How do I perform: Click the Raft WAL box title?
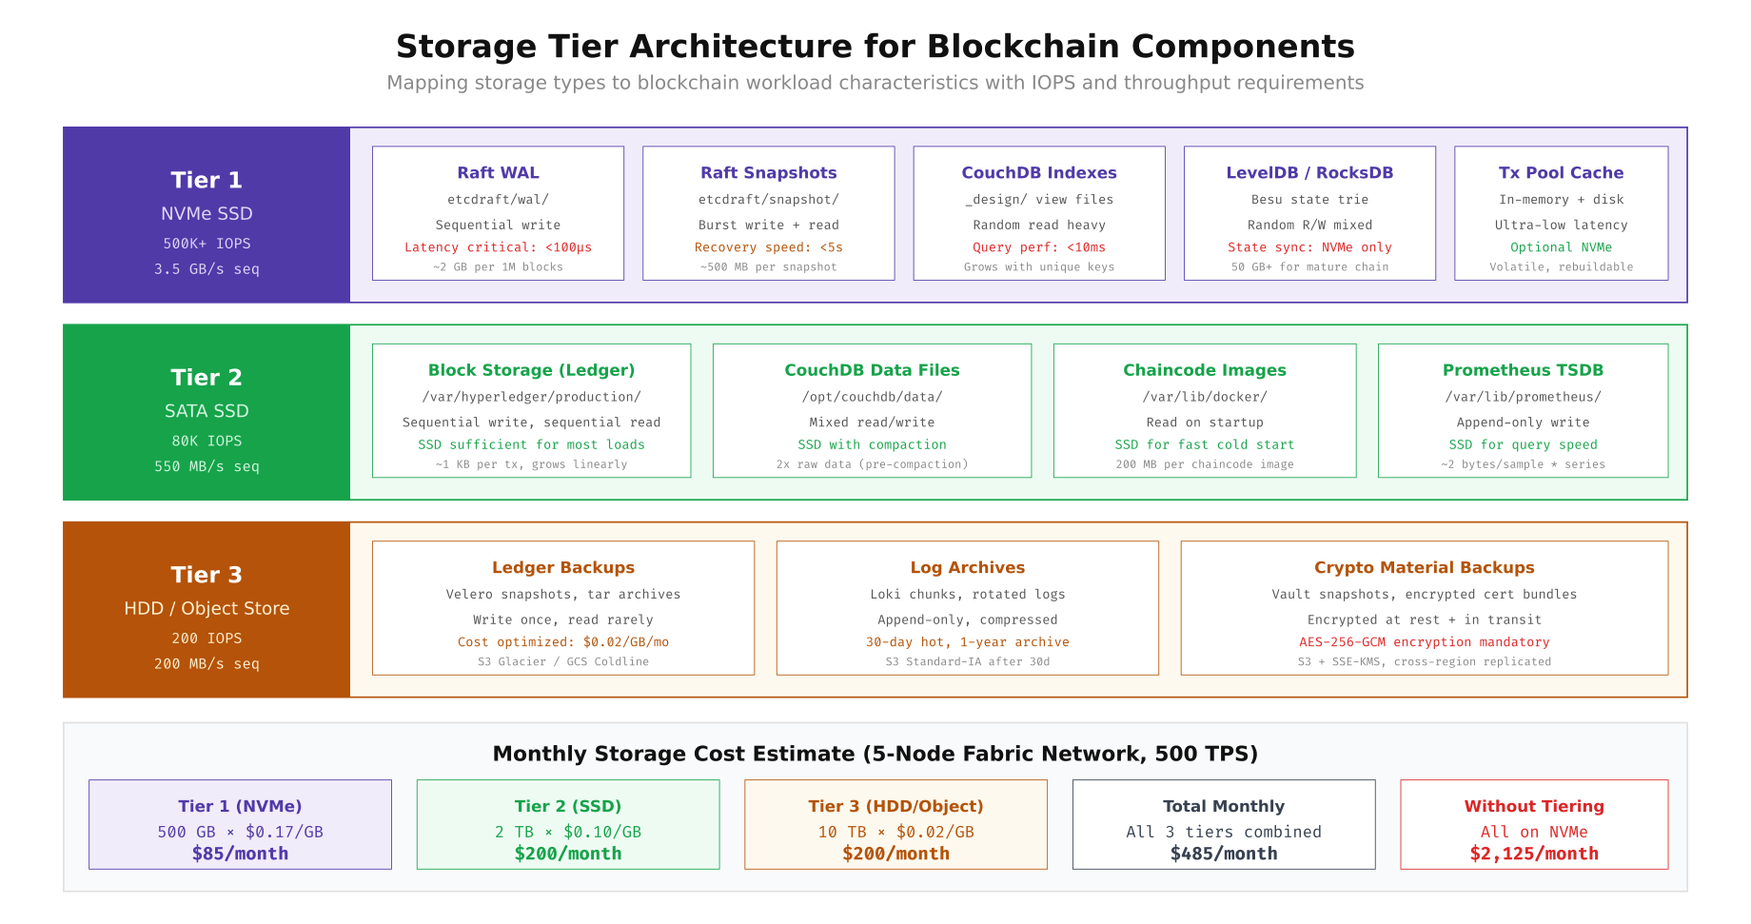coord(498,172)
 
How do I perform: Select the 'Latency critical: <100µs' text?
coord(498,247)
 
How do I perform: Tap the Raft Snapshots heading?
coord(768,172)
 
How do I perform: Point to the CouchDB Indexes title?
coord(1038,172)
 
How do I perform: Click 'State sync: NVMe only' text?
coord(1308,247)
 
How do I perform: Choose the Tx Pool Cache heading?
coord(1561,172)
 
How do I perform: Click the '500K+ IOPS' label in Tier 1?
coord(207,244)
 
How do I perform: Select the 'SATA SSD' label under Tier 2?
coord(207,411)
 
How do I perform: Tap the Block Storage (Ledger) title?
coord(531,370)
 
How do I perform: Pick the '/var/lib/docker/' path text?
coord(1204,397)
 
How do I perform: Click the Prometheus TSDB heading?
coord(1523,370)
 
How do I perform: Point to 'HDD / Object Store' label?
coord(207,608)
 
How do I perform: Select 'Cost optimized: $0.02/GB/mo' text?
coord(562,642)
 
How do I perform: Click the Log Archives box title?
coord(967,567)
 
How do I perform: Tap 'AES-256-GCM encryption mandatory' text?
coord(1424,642)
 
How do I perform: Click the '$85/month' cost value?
coord(240,854)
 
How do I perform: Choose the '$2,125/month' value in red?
coord(1533,854)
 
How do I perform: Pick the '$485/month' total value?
coord(1223,854)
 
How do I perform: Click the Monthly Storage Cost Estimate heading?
coord(875,754)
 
